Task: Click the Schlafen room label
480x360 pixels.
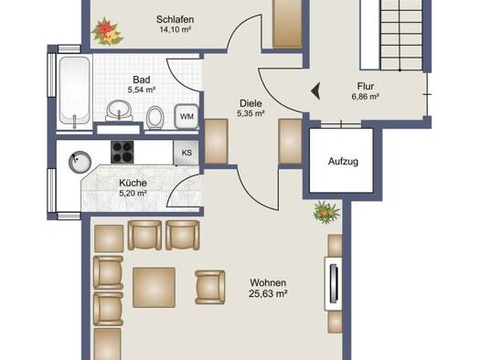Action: (x=175, y=19)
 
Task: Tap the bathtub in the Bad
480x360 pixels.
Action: (x=75, y=90)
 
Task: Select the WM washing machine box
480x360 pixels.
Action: (x=187, y=117)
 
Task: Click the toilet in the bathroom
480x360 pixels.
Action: (x=155, y=118)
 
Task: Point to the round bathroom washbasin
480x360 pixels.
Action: (x=119, y=111)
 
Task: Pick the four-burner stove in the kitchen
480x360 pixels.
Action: (x=123, y=152)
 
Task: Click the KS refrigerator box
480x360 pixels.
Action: (x=187, y=153)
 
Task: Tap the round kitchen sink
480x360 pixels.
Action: (x=80, y=162)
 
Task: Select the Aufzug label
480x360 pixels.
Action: (x=343, y=161)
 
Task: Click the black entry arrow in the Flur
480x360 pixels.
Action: (x=316, y=91)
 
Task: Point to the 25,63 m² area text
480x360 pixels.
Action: (x=268, y=294)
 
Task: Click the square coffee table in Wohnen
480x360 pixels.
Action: (x=154, y=288)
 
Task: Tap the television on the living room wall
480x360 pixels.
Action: (x=334, y=284)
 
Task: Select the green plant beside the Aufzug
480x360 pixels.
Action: (x=326, y=212)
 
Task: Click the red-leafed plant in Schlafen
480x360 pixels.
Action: (x=107, y=31)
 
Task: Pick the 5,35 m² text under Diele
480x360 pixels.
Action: (x=251, y=113)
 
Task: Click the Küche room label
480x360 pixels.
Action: (x=133, y=183)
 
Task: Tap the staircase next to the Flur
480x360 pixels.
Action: (x=400, y=35)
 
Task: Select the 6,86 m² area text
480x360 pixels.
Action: (x=366, y=97)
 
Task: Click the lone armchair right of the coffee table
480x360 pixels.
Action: (x=210, y=287)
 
